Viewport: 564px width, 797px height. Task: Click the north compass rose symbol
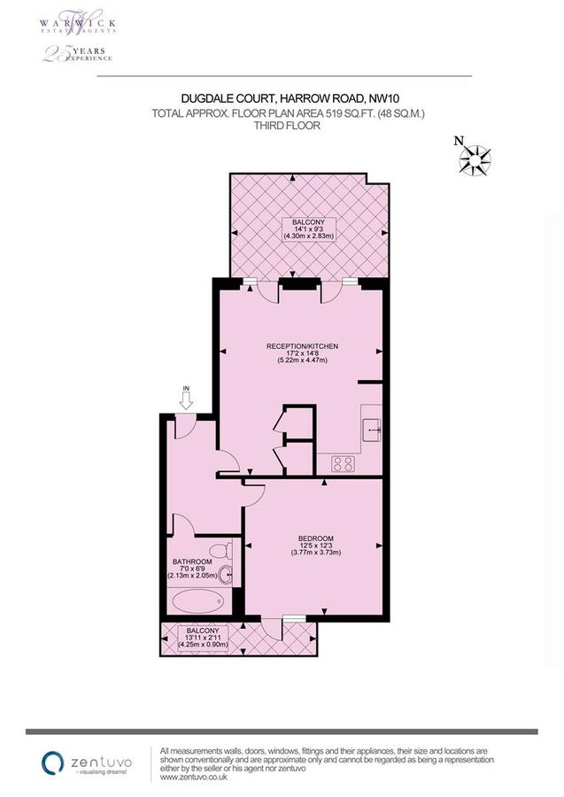point(475,159)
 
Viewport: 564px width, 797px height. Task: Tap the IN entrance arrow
point(186,400)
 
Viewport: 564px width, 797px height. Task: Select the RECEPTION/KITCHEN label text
point(303,345)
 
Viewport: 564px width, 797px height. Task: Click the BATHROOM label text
point(192,562)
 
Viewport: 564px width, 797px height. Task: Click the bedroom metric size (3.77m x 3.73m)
point(315,553)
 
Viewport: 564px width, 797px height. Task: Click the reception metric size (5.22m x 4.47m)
point(303,360)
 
